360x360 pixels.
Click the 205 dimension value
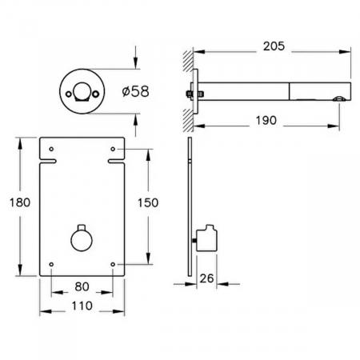tap(274, 46)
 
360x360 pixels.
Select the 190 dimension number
tap(266, 121)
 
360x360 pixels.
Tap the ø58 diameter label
tap(135, 91)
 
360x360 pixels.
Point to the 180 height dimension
tap(20, 202)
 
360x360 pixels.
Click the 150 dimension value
tap(148, 202)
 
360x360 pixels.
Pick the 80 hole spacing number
tap(82, 286)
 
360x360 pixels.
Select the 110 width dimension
tap(82, 306)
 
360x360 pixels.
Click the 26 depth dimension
tap(206, 278)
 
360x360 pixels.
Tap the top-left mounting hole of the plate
tap(51, 149)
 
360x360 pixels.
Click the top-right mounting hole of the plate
tap(113, 149)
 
